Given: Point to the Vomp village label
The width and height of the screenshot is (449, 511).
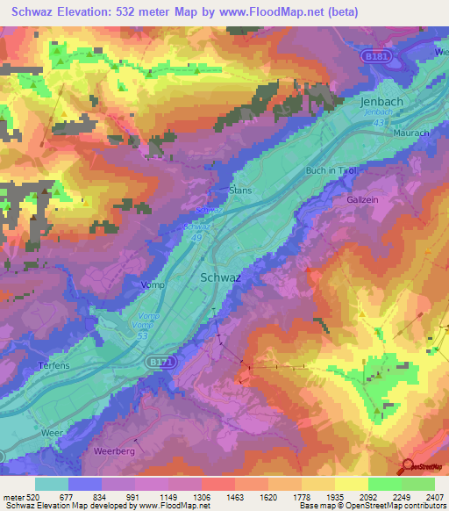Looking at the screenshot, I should (152, 284).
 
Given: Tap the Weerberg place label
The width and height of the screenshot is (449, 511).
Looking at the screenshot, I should (110, 451).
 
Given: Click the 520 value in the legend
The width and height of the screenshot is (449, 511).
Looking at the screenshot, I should (25, 496).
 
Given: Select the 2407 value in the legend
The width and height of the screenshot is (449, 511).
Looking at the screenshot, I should (433, 496).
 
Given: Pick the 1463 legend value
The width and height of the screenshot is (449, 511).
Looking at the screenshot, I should (234, 496).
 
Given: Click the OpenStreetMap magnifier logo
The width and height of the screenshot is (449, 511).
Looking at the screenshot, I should (405, 466).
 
